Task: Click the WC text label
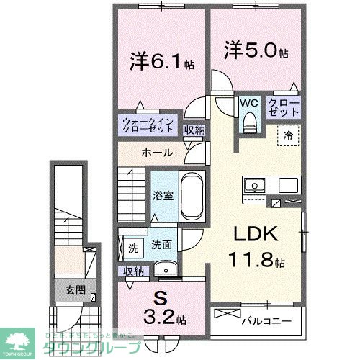[x=249, y=102]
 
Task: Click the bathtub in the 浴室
[x=189, y=197]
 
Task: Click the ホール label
[x=156, y=153]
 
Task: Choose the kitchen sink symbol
[x=254, y=186]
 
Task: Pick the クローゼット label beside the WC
[x=286, y=108]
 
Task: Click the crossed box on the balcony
[x=225, y=315]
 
